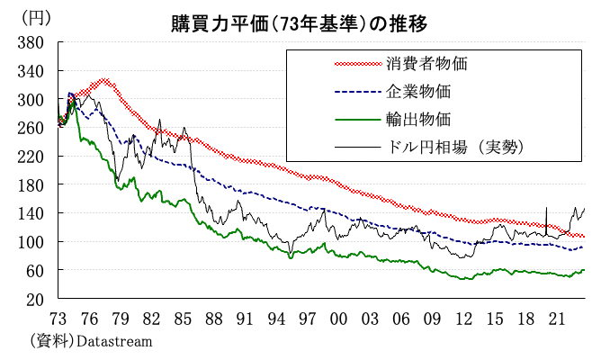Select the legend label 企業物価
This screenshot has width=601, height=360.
pos(418,91)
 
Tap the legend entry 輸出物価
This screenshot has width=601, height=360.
pos(418,118)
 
